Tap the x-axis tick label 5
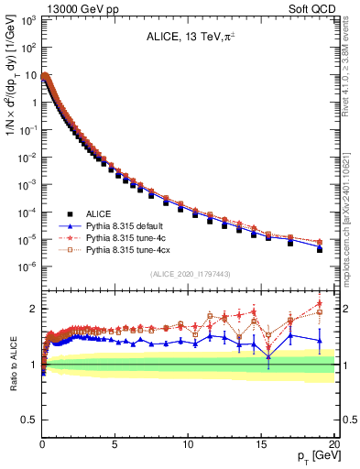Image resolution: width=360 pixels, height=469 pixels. click(115, 444)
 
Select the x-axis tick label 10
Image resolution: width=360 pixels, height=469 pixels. click(187, 444)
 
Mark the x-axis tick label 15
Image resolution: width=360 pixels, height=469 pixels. click(260, 444)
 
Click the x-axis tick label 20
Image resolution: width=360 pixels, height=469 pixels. click(333, 444)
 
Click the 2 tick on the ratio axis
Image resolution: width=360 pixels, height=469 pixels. click(32, 309)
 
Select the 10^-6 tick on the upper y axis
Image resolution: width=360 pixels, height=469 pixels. click(27, 267)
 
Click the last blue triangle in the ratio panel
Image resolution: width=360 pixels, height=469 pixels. click(320, 340)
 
